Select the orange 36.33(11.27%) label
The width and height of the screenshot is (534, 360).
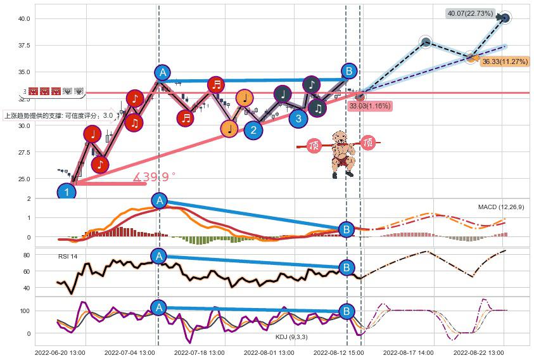click(504, 61)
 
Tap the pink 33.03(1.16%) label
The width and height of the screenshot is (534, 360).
click(370, 106)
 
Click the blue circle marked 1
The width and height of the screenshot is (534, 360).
click(66, 191)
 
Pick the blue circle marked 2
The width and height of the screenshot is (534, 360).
click(253, 131)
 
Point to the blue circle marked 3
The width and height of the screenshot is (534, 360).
click(298, 117)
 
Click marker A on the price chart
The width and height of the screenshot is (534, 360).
click(163, 72)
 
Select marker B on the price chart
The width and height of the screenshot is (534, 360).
click(348, 70)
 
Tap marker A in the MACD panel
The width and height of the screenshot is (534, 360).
click(159, 201)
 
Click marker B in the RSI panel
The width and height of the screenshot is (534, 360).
click(346, 267)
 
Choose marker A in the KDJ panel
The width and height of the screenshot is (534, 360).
click(158, 308)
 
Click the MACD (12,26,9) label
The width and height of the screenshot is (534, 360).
click(500, 207)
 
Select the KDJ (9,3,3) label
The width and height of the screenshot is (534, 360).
click(291, 337)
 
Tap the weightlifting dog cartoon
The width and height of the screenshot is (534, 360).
click(342, 153)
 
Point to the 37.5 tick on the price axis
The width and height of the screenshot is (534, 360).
click(23, 46)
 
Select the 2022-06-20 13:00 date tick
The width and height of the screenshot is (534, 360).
click(60, 352)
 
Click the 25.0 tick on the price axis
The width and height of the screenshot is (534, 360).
click(23, 179)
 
